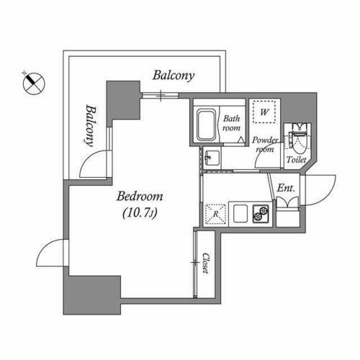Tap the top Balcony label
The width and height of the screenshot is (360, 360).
click(174, 76)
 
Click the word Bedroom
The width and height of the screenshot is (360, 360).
click(140, 196)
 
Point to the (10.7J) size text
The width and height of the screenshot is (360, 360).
click(140, 213)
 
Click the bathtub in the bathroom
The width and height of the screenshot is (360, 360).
click(207, 125)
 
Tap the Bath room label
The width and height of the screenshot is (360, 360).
click(232, 123)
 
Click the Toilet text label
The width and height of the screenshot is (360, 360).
click(297, 159)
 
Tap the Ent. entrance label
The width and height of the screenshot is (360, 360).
click(285, 188)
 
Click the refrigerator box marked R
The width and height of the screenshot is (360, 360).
click(215, 212)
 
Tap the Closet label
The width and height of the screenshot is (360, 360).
click(205, 263)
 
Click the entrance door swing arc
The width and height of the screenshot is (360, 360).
click(320, 189)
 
